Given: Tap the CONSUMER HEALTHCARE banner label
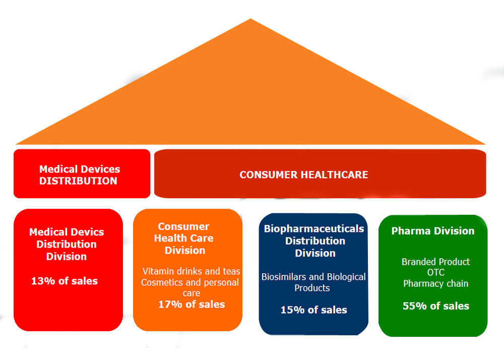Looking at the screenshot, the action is pyautogui.click(x=304, y=174).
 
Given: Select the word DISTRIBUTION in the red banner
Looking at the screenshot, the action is pyautogui.click(x=78, y=181).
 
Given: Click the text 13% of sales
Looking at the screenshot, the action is pyautogui.click(x=65, y=281).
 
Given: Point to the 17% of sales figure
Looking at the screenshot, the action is pyautogui.click(x=192, y=305).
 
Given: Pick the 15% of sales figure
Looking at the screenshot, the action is pyautogui.click(x=313, y=310).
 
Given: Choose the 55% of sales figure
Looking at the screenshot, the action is pyautogui.click(x=436, y=306).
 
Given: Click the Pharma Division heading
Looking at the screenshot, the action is pyautogui.click(x=433, y=231).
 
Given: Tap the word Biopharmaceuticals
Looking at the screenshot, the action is pyautogui.click(x=314, y=229).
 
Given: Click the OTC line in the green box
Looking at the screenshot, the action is pyautogui.click(x=436, y=273).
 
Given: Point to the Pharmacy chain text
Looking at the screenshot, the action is pyautogui.click(x=436, y=283).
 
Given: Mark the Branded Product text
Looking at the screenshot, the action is pyautogui.click(x=436, y=262).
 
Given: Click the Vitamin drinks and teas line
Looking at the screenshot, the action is pyautogui.click(x=191, y=271).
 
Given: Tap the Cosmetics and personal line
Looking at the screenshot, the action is pyautogui.click(x=190, y=282).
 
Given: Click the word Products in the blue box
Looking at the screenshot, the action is pyautogui.click(x=312, y=288).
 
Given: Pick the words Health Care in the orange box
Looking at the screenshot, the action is pyautogui.click(x=183, y=238).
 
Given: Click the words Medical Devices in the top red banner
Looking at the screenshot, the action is pyautogui.click(x=80, y=169).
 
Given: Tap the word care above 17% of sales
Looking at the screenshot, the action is pyautogui.click(x=191, y=293).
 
